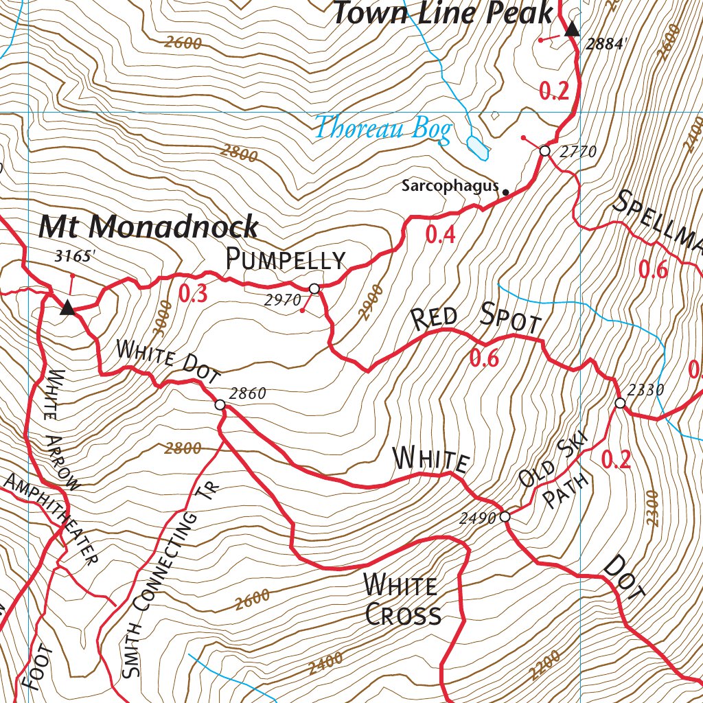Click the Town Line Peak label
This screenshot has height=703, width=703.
(x=443, y=14)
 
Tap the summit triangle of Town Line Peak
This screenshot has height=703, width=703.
(x=573, y=29)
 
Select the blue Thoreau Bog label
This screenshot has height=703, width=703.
(x=383, y=128)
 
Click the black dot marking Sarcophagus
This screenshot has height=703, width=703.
(x=506, y=192)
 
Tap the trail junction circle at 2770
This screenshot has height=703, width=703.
(x=544, y=150)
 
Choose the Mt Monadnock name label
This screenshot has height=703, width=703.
(x=148, y=227)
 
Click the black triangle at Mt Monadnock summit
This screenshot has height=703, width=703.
(x=67, y=308)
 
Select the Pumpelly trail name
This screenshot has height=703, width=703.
(x=286, y=260)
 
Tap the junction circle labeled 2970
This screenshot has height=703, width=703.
(x=314, y=288)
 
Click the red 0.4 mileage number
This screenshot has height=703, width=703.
(x=440, y=235)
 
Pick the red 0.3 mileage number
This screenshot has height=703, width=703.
(x=193, y=294)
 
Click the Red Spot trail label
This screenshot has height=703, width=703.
(x=476, y=320)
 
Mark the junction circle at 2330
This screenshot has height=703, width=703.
(x=620, y=403)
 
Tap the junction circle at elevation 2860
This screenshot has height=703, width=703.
(x=220, y=405)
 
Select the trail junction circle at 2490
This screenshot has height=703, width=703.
(x=505, y=516)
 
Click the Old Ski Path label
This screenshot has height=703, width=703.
(x=555, y=486)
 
